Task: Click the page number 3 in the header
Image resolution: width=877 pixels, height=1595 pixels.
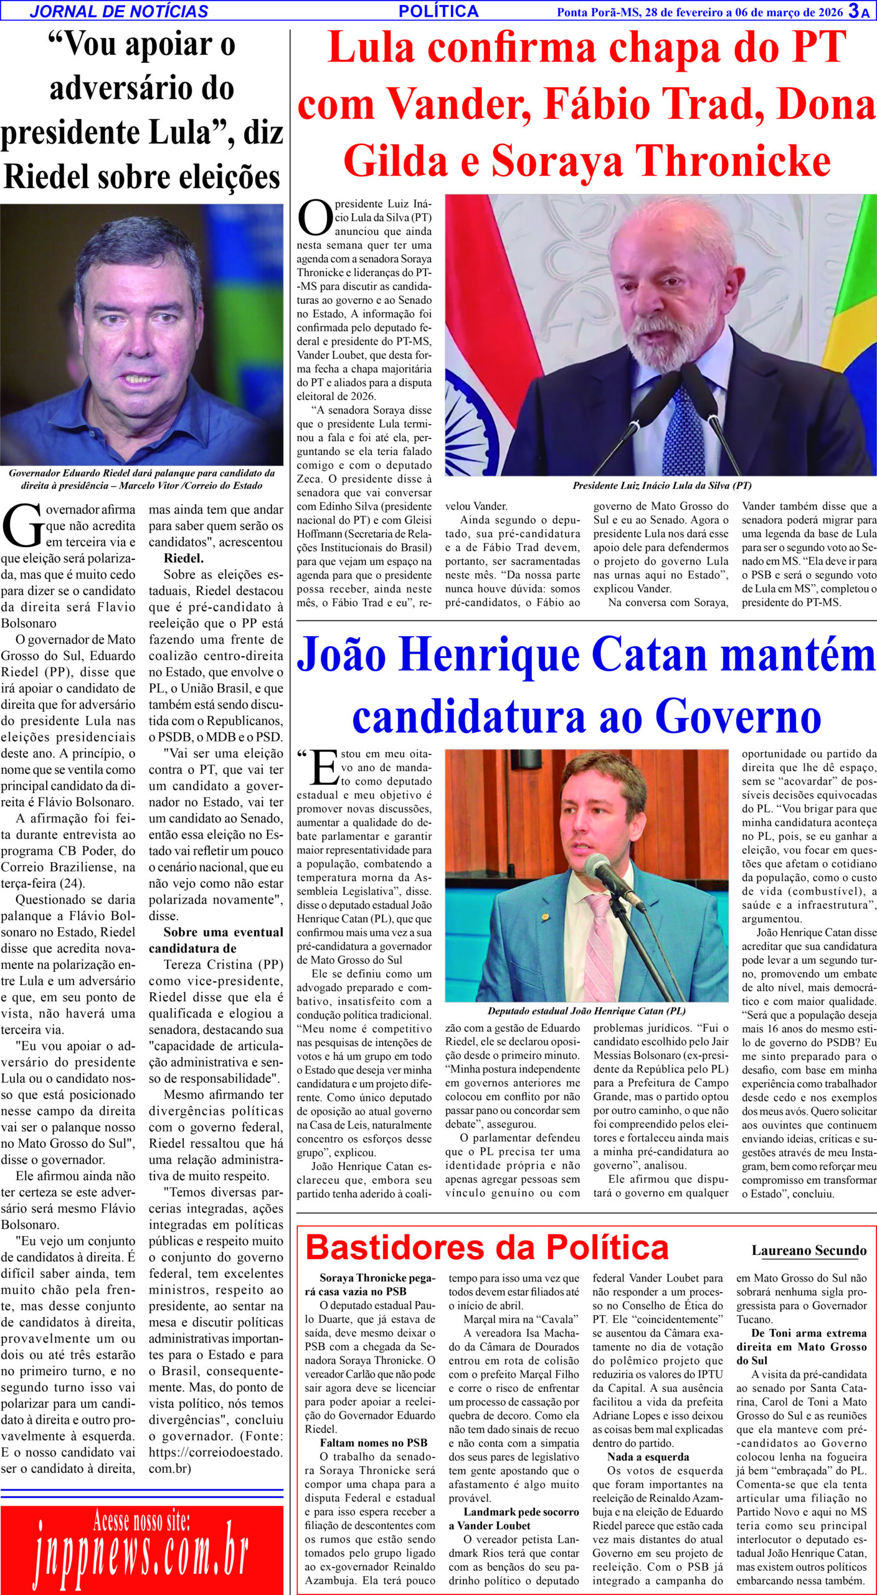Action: [854, 11]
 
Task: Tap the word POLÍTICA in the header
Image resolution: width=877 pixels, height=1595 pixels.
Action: [439, 11]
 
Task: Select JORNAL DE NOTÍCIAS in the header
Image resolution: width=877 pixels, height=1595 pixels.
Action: [119, 11]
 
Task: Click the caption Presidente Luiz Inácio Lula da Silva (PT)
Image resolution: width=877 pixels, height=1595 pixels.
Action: [662, 485]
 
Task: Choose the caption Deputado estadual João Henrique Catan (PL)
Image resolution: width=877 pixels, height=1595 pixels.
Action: [587, 1011]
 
